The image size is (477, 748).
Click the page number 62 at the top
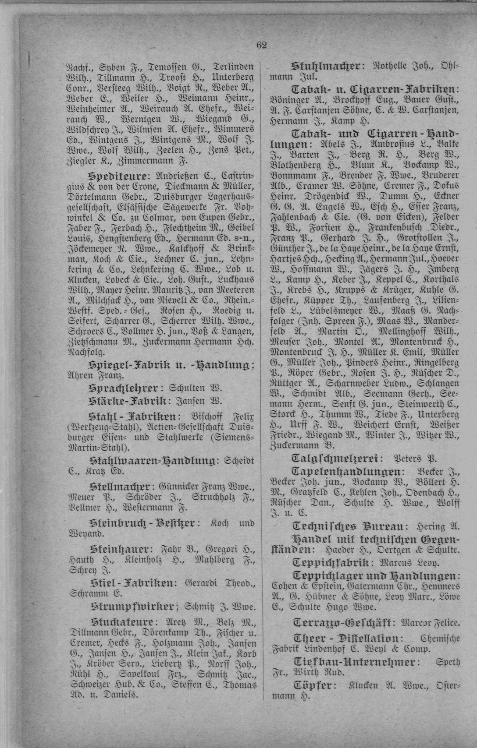[262, 45]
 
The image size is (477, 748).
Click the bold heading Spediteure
[117, 176]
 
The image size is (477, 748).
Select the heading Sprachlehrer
[123, 388]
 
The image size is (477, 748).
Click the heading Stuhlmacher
[326, 67]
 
